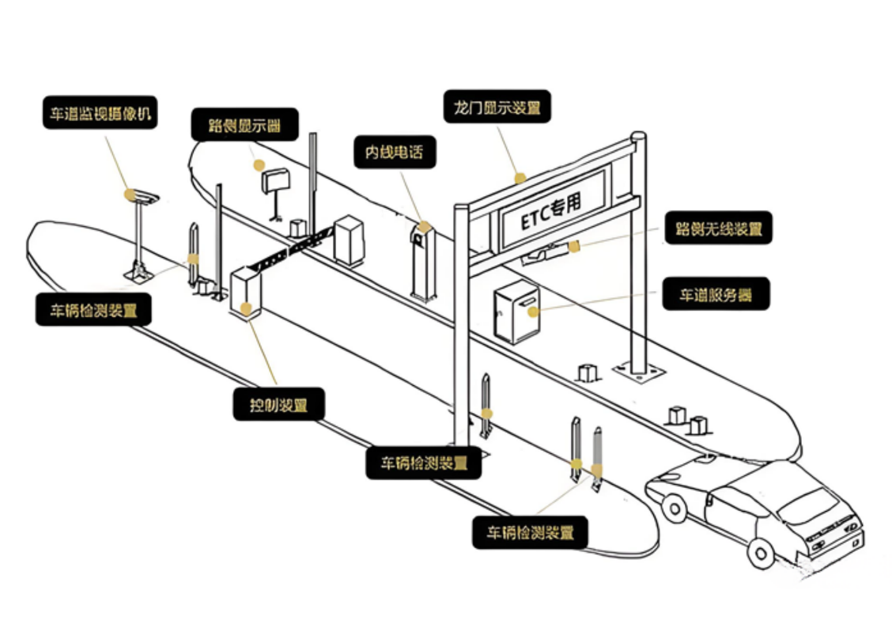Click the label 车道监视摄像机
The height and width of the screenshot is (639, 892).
(x=100, y=113)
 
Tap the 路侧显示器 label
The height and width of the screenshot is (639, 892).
(x=244, y=125)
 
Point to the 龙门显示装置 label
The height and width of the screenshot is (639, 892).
(x=497, y=107)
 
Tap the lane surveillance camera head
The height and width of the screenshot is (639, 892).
(x=143, y=195)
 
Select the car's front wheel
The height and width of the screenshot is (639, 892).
(x=761, y=551)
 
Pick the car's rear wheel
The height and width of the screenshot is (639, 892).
(x=674, y=506)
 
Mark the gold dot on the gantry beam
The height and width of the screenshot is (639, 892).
(x=520, y=179)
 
